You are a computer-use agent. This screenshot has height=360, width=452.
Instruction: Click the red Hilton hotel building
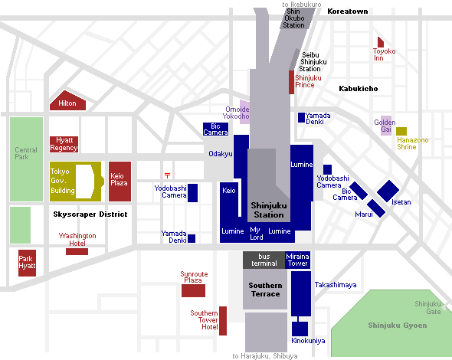(x=67, y=101)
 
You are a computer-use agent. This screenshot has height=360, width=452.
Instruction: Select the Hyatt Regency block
(x=64, y=144)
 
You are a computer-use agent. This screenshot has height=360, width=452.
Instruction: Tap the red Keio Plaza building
(x=120, y=182)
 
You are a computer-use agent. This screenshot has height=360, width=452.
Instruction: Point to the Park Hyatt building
(x=27, y=263)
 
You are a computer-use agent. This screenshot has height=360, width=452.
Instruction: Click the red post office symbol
(x=167, y=175)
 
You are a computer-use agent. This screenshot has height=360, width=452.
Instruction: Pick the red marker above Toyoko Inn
(x=381, y=42)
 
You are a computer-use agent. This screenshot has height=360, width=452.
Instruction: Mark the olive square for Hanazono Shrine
(x=401, y=132)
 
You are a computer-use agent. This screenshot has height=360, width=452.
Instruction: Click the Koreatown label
(x=348, y=11)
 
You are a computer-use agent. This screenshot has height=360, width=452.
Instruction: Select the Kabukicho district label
(x=359, y=89)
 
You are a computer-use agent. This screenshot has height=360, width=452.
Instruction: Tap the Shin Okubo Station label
(x=293, y=18)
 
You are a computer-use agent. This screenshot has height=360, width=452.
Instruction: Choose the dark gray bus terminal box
(x=264, y=260)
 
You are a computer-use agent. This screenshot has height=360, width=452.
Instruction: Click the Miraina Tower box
(x=297, y=260)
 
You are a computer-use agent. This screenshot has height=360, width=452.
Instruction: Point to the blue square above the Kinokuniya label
(x=300, y=329)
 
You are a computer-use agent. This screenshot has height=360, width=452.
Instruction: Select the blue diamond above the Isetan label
(x=388, y=191)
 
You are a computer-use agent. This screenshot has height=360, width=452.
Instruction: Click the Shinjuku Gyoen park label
(x=398, y=326)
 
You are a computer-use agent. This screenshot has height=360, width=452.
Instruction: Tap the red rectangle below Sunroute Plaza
(x=193, y=290)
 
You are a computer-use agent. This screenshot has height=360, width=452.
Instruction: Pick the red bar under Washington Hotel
(x=77, y=252)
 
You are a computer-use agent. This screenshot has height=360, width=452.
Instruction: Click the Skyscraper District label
(x=90, y=214)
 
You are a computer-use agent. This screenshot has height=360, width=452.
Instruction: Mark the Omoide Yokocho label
(x=236, y=113)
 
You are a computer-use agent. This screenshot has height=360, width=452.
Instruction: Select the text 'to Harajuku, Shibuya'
(x=265, y=356)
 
